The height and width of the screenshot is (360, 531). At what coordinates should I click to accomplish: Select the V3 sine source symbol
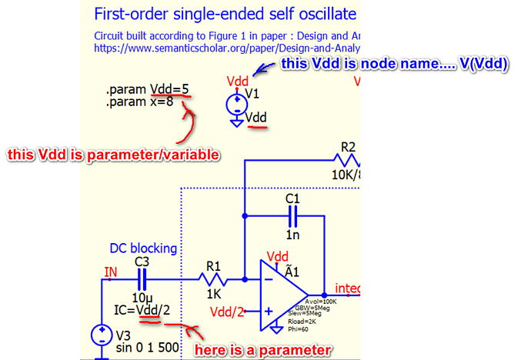tap(102, 335)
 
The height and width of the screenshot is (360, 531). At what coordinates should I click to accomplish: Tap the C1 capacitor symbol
tap(292, 218)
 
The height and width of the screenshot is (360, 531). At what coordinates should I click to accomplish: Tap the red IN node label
tap(112, 271)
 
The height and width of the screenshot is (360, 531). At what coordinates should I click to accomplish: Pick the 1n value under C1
tap(292, 234)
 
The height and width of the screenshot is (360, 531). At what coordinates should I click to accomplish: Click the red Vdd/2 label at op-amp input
tap(229, 311)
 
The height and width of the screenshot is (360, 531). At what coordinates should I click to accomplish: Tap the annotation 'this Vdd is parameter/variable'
tap(114, 155)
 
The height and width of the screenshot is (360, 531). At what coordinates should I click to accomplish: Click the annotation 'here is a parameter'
tap(262, 350)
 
